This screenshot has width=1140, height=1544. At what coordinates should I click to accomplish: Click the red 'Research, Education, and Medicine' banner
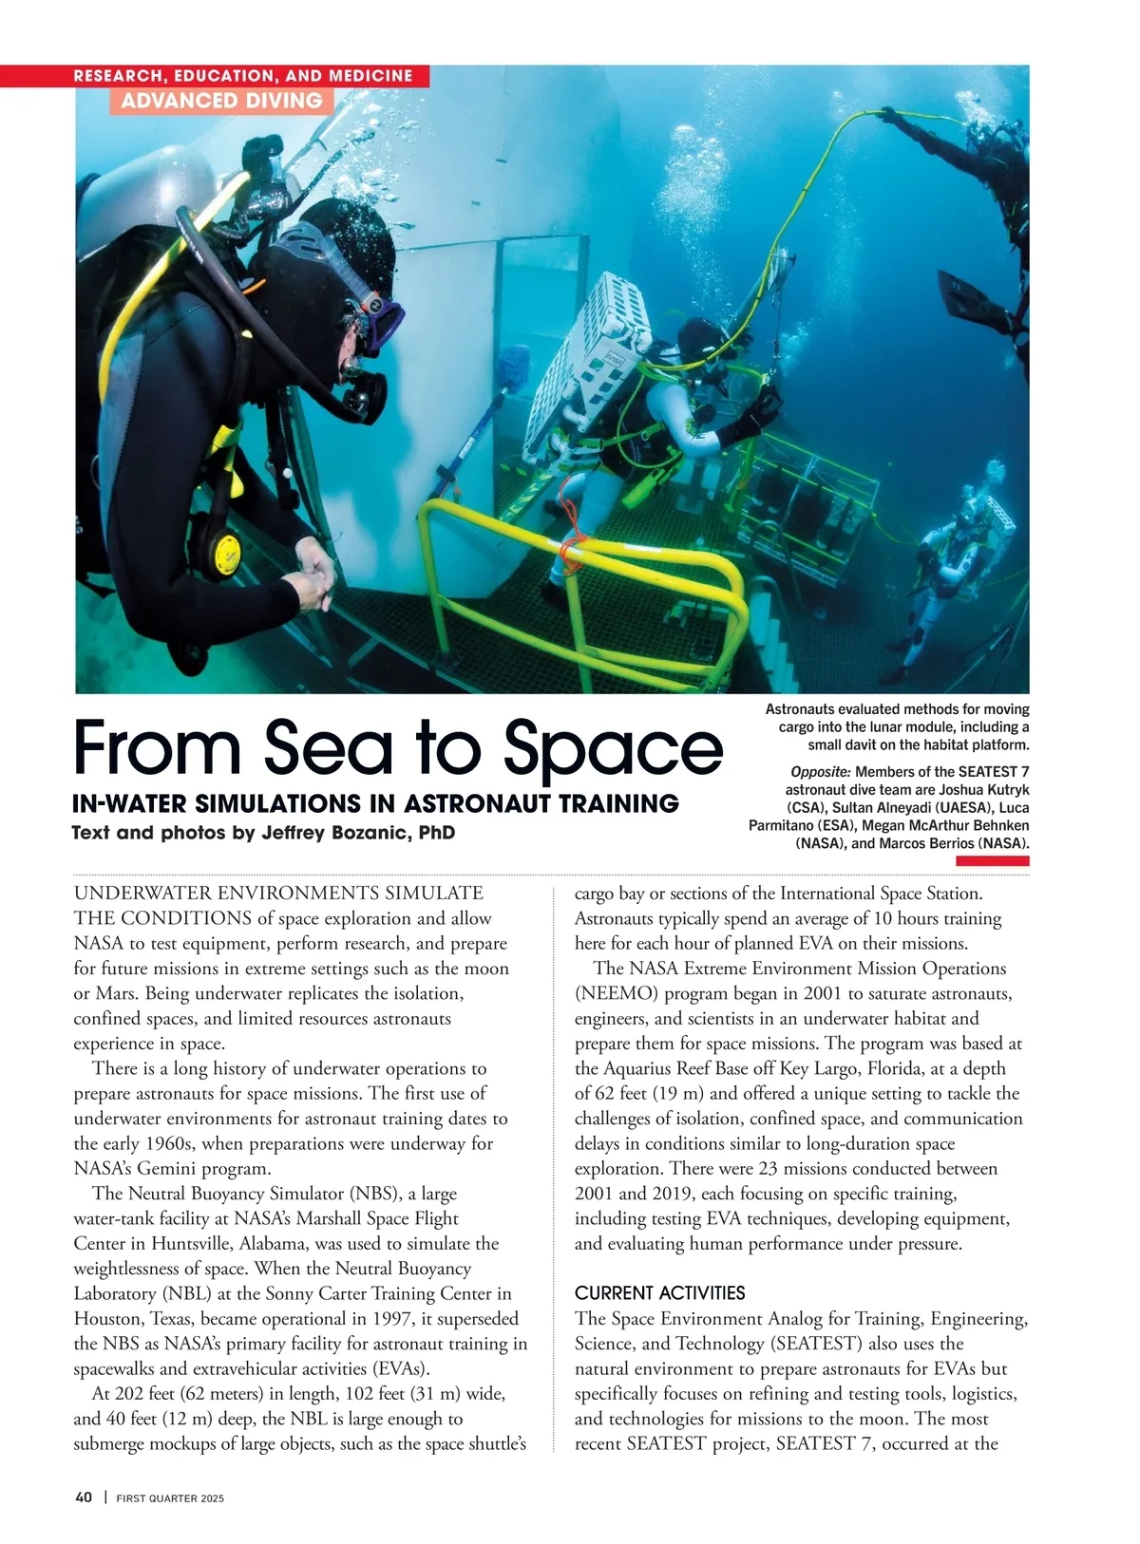click(243, 76)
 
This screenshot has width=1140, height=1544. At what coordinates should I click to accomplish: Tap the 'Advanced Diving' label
click(221, 101)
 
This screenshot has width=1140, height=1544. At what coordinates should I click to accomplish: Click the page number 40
click(84, 1497)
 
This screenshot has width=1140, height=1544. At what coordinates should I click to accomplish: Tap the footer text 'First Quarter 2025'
click(170, 1498)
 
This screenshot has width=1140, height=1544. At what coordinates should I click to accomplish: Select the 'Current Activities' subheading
click(659, 1293)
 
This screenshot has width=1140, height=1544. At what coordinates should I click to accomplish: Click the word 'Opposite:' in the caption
click(820, 771)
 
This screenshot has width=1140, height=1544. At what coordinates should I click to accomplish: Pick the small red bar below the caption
click(992, 860)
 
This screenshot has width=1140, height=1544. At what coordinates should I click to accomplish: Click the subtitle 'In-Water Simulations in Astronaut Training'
click(375, 804)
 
